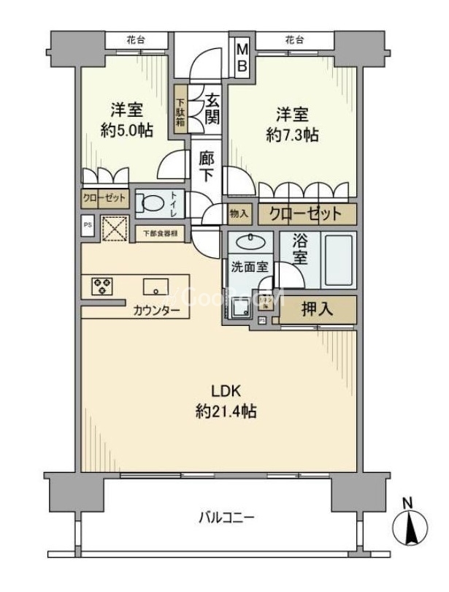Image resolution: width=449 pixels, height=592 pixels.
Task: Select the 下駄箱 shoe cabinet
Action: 180,110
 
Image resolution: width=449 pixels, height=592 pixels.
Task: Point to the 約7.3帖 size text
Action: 292,134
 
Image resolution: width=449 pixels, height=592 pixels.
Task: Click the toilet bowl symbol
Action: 151,204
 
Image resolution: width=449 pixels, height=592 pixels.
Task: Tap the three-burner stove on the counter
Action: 101,286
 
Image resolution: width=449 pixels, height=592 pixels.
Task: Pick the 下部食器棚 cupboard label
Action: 159,234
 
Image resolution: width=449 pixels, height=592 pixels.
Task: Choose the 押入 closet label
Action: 317,309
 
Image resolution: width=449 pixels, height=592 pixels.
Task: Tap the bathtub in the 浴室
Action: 338,261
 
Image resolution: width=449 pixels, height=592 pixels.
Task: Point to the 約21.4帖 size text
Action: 225,411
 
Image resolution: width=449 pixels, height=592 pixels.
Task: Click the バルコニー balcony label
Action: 226,518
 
